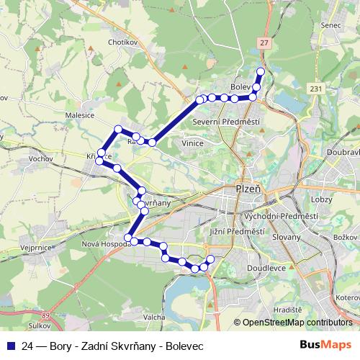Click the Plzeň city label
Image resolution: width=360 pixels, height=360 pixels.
click(248, 190)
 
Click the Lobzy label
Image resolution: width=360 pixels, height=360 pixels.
click(322, 197)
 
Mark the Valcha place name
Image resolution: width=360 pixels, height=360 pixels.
click(155, 317)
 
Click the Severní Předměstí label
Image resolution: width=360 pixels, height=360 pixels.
click(226, 122)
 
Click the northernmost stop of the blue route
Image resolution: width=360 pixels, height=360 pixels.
click(261, 72)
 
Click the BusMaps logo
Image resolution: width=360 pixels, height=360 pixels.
click(327, 344)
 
